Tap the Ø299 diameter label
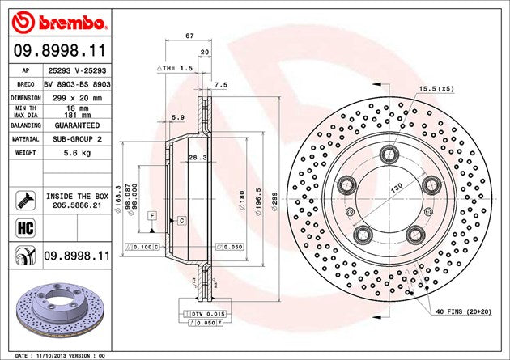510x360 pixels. pyautogui.click(x=275, y=199)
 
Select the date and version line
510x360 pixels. pyautogui.click(x=62, y=355)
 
